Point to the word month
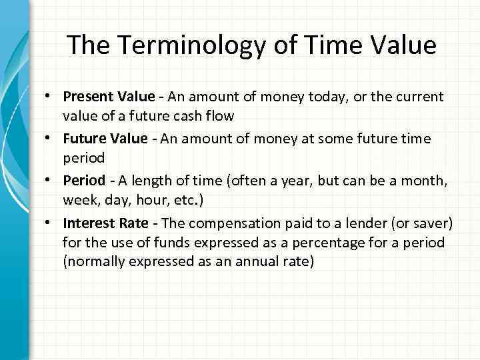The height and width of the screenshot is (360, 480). tap(419, 180)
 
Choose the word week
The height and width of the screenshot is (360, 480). tap(79, 201)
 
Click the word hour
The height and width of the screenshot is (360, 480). tap(147, 201)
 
